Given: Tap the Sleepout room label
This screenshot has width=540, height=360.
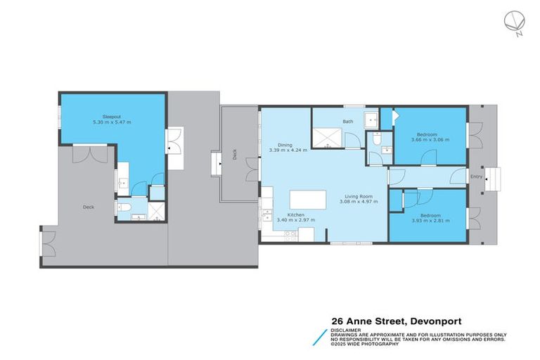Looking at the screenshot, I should click(112, 115).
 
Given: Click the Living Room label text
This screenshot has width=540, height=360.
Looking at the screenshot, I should click(358, 196).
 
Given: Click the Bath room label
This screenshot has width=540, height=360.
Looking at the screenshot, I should click(348, 122).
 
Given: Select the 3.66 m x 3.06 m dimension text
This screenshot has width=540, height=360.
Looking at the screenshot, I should click(430, 140).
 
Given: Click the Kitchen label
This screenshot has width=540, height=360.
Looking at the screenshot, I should click(295, 214).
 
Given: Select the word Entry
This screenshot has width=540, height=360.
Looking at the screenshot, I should click(477, 176).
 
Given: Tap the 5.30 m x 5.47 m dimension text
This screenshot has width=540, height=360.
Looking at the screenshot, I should click(112, 122).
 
